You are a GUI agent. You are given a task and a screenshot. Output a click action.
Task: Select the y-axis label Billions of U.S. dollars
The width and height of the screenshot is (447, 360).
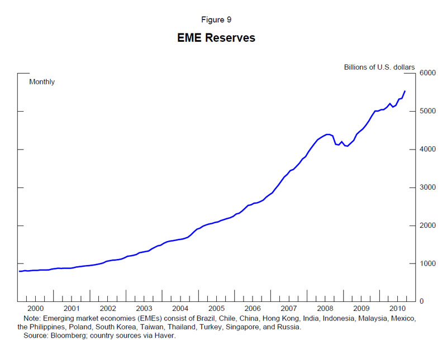tap(379, 67)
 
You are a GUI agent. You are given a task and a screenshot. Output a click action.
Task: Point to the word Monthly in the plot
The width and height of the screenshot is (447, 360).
tap(42, 81)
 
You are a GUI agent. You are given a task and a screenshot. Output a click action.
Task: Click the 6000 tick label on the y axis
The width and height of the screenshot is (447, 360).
tap(427, 73)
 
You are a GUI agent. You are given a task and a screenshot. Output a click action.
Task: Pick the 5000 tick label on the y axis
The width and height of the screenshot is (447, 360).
tap(427, 111)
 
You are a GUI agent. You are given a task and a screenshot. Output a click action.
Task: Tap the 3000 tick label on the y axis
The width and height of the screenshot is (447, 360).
tap(427, 188)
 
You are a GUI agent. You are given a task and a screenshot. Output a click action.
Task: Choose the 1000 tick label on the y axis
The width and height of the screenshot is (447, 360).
tap(427, 263)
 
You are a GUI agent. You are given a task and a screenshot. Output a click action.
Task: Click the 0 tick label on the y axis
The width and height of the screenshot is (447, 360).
tap(421, 301)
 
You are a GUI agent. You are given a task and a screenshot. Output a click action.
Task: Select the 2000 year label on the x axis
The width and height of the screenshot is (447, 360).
tap(35, 308)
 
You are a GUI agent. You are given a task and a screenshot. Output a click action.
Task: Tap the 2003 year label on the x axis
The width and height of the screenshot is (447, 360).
tap(144, 308)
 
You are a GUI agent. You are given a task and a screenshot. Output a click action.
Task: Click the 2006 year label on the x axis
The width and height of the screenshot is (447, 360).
tap(253, 308)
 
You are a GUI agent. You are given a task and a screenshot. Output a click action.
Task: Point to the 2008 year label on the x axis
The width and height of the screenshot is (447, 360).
tap(325, 308)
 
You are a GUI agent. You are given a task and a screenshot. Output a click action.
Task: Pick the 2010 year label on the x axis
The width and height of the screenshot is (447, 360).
tap(397, 308)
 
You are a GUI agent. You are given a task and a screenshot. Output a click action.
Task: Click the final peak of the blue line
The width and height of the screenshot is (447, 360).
tap(405, 90)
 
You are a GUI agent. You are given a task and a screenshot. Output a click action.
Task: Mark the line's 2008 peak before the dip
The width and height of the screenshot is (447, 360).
tap(328, 134)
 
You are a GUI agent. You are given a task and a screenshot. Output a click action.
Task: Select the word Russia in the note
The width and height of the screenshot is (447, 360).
tap(290, 327)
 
